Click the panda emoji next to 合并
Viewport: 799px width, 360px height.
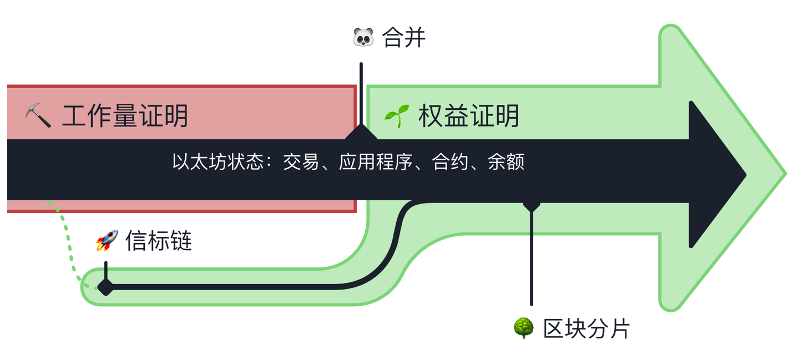(363, 38)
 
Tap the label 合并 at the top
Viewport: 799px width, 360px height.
(403, 38)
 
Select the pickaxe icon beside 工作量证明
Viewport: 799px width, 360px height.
(38, 115)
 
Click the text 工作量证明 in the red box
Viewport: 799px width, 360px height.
(125, 115)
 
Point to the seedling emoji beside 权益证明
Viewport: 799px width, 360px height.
(396, 115)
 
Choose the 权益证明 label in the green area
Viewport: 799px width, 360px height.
(469, 115)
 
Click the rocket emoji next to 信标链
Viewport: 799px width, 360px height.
(107, 241)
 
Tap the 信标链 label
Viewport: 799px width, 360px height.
(159, 241)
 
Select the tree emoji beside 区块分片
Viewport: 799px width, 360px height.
(523, 328)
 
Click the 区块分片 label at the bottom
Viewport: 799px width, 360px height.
(586, 328)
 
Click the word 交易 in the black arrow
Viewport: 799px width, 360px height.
(301, 162)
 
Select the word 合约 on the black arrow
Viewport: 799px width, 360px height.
(450, 162)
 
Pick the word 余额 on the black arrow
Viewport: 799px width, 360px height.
(506, 162)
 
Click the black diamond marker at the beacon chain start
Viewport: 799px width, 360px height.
(105, 287)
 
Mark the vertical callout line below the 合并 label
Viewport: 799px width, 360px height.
(361, 94)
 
